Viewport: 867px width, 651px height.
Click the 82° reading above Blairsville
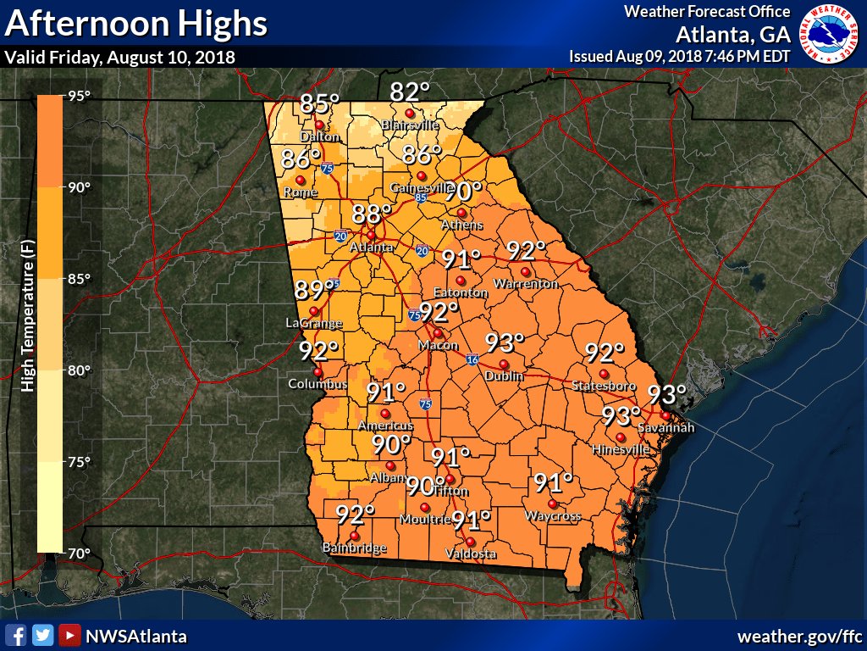(411, 92)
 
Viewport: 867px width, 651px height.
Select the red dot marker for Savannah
(666, 415)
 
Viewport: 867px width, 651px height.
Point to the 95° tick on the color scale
(80, 96)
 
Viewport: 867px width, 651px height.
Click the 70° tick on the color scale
(80, 554)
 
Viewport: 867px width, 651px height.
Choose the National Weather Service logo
(831, 33)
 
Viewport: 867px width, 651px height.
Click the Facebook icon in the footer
(15, 635)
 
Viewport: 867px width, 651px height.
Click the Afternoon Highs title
(136, 24)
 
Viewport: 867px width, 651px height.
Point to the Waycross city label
(553, 516)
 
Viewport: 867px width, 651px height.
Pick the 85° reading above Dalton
(320, 104)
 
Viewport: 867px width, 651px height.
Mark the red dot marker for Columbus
(318, 372)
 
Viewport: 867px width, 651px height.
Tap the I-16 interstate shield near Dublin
(471, 359)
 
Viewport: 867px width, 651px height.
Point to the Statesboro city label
(604, 387)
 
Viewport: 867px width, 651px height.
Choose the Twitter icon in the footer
(42, 635)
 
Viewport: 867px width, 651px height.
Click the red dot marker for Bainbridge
(355, 537)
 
